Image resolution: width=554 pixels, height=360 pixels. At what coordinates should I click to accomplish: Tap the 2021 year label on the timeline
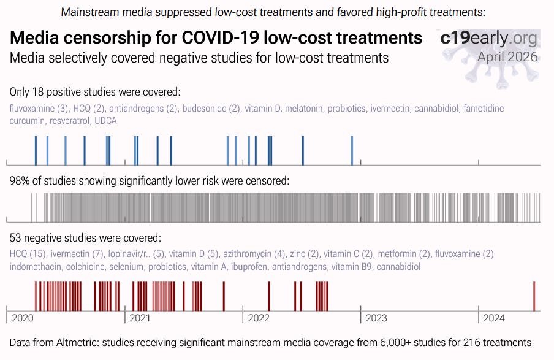point(140,318)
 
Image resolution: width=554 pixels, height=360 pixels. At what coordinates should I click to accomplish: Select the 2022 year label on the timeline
point(258,318)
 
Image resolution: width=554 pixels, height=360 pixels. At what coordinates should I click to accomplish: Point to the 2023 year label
point(376,318)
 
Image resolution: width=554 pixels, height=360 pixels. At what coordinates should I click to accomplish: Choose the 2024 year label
point(494,318)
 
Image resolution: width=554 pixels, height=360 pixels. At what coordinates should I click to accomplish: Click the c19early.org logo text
point(489,39)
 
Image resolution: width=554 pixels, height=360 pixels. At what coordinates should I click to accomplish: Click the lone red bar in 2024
point(534,296)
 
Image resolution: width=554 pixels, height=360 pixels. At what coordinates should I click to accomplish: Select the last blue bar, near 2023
point(352,150)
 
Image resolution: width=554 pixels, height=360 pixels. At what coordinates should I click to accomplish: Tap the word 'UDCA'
point(105,121)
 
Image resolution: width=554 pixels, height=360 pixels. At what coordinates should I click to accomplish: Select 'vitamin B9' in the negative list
point(352,267)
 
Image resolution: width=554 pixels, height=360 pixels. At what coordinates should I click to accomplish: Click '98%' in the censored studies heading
point(19,181)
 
